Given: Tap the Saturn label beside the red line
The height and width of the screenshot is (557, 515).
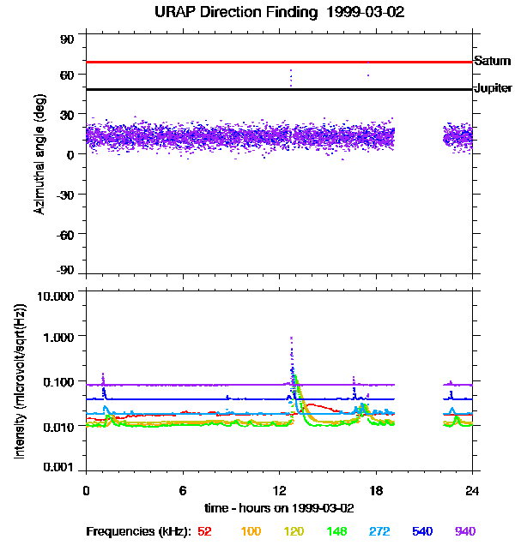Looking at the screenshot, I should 492,61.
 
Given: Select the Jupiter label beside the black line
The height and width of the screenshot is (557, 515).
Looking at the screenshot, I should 493,88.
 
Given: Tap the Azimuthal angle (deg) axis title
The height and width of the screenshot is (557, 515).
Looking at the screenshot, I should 39,154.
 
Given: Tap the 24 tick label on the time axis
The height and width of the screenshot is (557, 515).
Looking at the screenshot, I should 473,490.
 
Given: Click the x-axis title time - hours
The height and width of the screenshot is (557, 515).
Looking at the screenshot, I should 279,506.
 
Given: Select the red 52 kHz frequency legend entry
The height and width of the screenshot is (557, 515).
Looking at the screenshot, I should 204,531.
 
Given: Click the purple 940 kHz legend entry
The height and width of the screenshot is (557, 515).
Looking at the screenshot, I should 464,531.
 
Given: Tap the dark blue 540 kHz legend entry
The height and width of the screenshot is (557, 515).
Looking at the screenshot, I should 422,531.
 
